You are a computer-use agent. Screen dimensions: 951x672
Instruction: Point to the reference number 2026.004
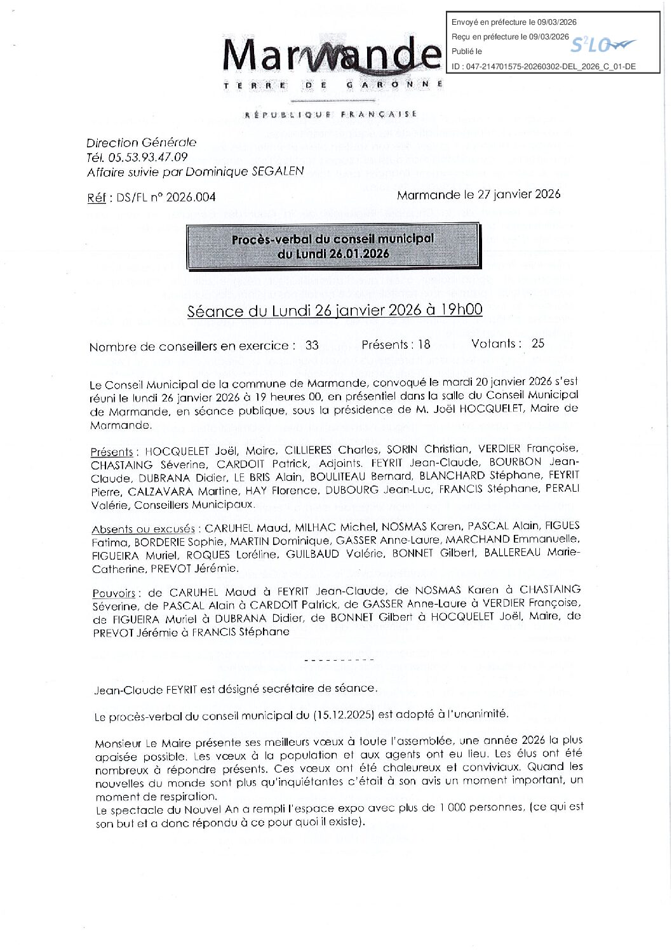click(x=191, y=198)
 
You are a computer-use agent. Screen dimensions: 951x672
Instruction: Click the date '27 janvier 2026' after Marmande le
click(x=518, y=194)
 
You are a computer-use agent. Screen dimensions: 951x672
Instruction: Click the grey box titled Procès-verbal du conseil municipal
click(x=332, y=246)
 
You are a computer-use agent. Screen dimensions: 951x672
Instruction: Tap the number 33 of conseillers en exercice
click(x=312, y=346)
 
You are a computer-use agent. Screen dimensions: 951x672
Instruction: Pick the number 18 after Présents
click(x=424, y=345)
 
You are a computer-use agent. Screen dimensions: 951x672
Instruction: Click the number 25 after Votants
click(x=538, y=344)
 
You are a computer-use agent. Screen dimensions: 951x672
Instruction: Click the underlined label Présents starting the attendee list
click(x=112, y=452)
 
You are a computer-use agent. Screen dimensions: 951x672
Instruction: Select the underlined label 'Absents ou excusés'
click(x=144, y=529)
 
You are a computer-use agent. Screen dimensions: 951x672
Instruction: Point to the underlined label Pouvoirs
click(x=114, y=593)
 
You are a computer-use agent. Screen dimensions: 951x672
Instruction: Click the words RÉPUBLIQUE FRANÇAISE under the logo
click(x=332, y=114)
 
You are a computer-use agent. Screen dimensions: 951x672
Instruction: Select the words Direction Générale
click(x=142, y=143)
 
